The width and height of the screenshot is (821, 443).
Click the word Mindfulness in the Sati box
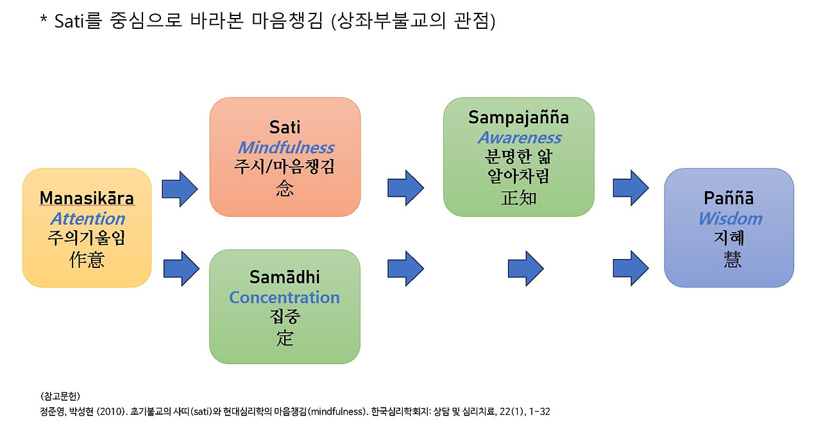point(285,148)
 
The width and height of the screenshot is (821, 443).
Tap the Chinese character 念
point(285,188)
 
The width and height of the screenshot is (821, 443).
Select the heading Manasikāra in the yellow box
point(87,199)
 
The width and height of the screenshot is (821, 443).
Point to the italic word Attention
point(87,219)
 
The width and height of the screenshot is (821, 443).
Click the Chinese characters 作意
point(87,259)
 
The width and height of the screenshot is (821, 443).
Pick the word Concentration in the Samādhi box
point(284,297)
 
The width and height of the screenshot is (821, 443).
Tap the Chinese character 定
point(285,337)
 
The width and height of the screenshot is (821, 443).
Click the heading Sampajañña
point(518,117)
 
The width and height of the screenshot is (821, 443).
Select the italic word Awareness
point(519,138)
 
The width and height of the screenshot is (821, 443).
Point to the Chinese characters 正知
point(518,197)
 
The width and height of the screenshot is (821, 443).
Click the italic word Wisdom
point(729,219)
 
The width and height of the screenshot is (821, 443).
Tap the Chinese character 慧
point(729,259)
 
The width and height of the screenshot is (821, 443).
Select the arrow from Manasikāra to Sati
point(180,188)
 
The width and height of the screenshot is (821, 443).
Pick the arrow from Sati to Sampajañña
point(405,188)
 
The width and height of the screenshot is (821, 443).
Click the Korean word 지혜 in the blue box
point(729,238)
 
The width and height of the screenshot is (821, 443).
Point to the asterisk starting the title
point(44,22)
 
